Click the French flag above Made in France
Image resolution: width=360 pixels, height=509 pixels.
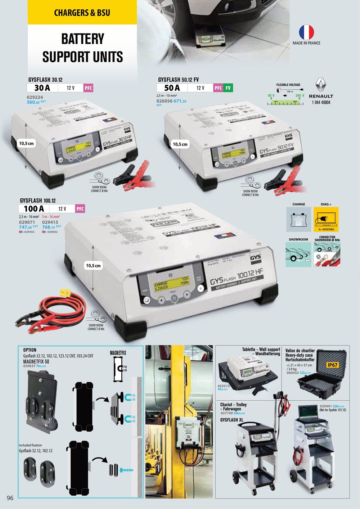[x=306, y=32]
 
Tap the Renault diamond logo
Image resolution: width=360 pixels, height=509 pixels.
[x=321, y=85]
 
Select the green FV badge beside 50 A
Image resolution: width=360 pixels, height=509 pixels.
[x=228, y=88]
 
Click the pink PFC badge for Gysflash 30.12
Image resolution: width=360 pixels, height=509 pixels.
[x=88, y=88]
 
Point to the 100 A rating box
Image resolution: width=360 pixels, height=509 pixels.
[x=34, y=209]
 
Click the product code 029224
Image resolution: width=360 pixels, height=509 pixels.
[x=35, y=97]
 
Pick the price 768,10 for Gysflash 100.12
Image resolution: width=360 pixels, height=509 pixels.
[x=49, y=227]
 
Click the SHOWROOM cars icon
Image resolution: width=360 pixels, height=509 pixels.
[x=298, y=254]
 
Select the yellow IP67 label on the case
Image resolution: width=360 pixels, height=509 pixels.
[x=332, y=365]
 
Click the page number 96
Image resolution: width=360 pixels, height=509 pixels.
[x=10, y=498]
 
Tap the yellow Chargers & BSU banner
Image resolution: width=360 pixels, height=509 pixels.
[x=82, y=13]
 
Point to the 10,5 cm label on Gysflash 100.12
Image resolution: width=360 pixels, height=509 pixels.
[x=93, y=266]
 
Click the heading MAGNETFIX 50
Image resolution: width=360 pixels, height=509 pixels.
[x=36, y=361]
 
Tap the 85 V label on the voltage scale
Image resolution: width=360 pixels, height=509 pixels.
[x=271, y=96]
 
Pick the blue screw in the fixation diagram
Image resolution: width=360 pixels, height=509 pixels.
[x=126, y=470]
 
